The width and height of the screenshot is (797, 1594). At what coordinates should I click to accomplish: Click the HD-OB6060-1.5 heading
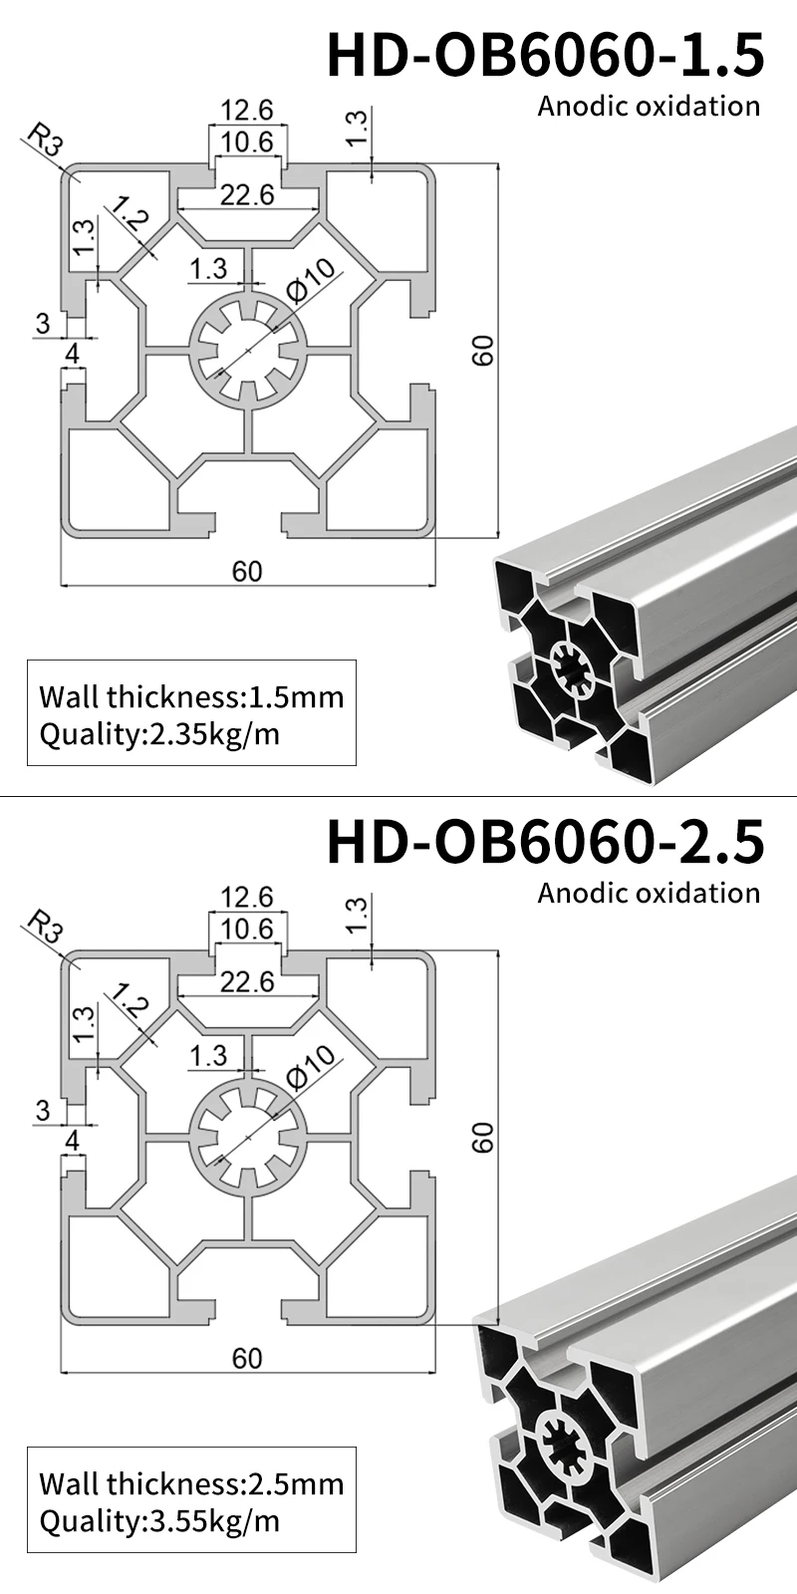click(546, 55)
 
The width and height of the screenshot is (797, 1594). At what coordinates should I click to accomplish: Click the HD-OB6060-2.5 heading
click(546, 842)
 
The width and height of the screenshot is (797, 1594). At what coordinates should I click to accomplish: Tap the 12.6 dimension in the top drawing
click(247, 110)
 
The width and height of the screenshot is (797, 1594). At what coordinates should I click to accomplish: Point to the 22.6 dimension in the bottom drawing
click(247, 982)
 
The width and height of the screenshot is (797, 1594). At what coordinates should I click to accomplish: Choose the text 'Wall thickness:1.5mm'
click(191, 696)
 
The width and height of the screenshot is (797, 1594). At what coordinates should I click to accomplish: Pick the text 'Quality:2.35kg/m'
click(159, 735)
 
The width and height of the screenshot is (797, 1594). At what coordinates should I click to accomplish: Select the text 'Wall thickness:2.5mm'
click(191, 1483)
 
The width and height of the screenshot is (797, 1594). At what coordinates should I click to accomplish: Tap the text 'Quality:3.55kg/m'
click(159, 1522)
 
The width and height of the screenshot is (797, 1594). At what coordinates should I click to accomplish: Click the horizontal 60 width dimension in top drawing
click(247, 571)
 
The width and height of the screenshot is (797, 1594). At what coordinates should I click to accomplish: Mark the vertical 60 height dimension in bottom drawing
click(482, 1138)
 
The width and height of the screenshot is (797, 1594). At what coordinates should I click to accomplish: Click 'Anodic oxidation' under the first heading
click(649, 107)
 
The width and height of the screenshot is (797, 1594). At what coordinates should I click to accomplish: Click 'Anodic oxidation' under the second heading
click(649, 894)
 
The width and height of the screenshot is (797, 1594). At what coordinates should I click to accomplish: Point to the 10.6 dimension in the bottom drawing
click(247, 929)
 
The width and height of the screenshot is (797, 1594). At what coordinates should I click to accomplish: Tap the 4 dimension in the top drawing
click(72, 354)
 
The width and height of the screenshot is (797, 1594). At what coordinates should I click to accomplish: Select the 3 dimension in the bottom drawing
click(42, 1110)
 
